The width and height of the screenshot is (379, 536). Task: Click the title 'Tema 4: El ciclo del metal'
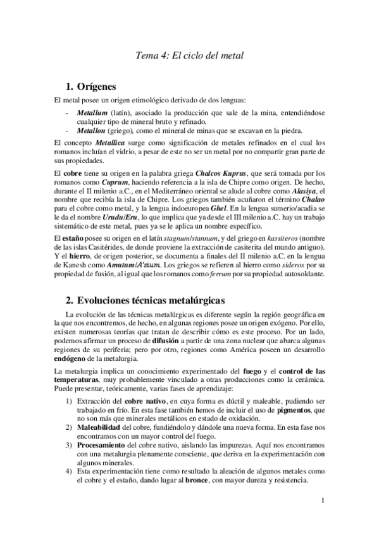(x=190, y=56)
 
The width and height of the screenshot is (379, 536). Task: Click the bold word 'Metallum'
(x=92, y=113)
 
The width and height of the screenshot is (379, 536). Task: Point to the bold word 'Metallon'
(x=92, y=131)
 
